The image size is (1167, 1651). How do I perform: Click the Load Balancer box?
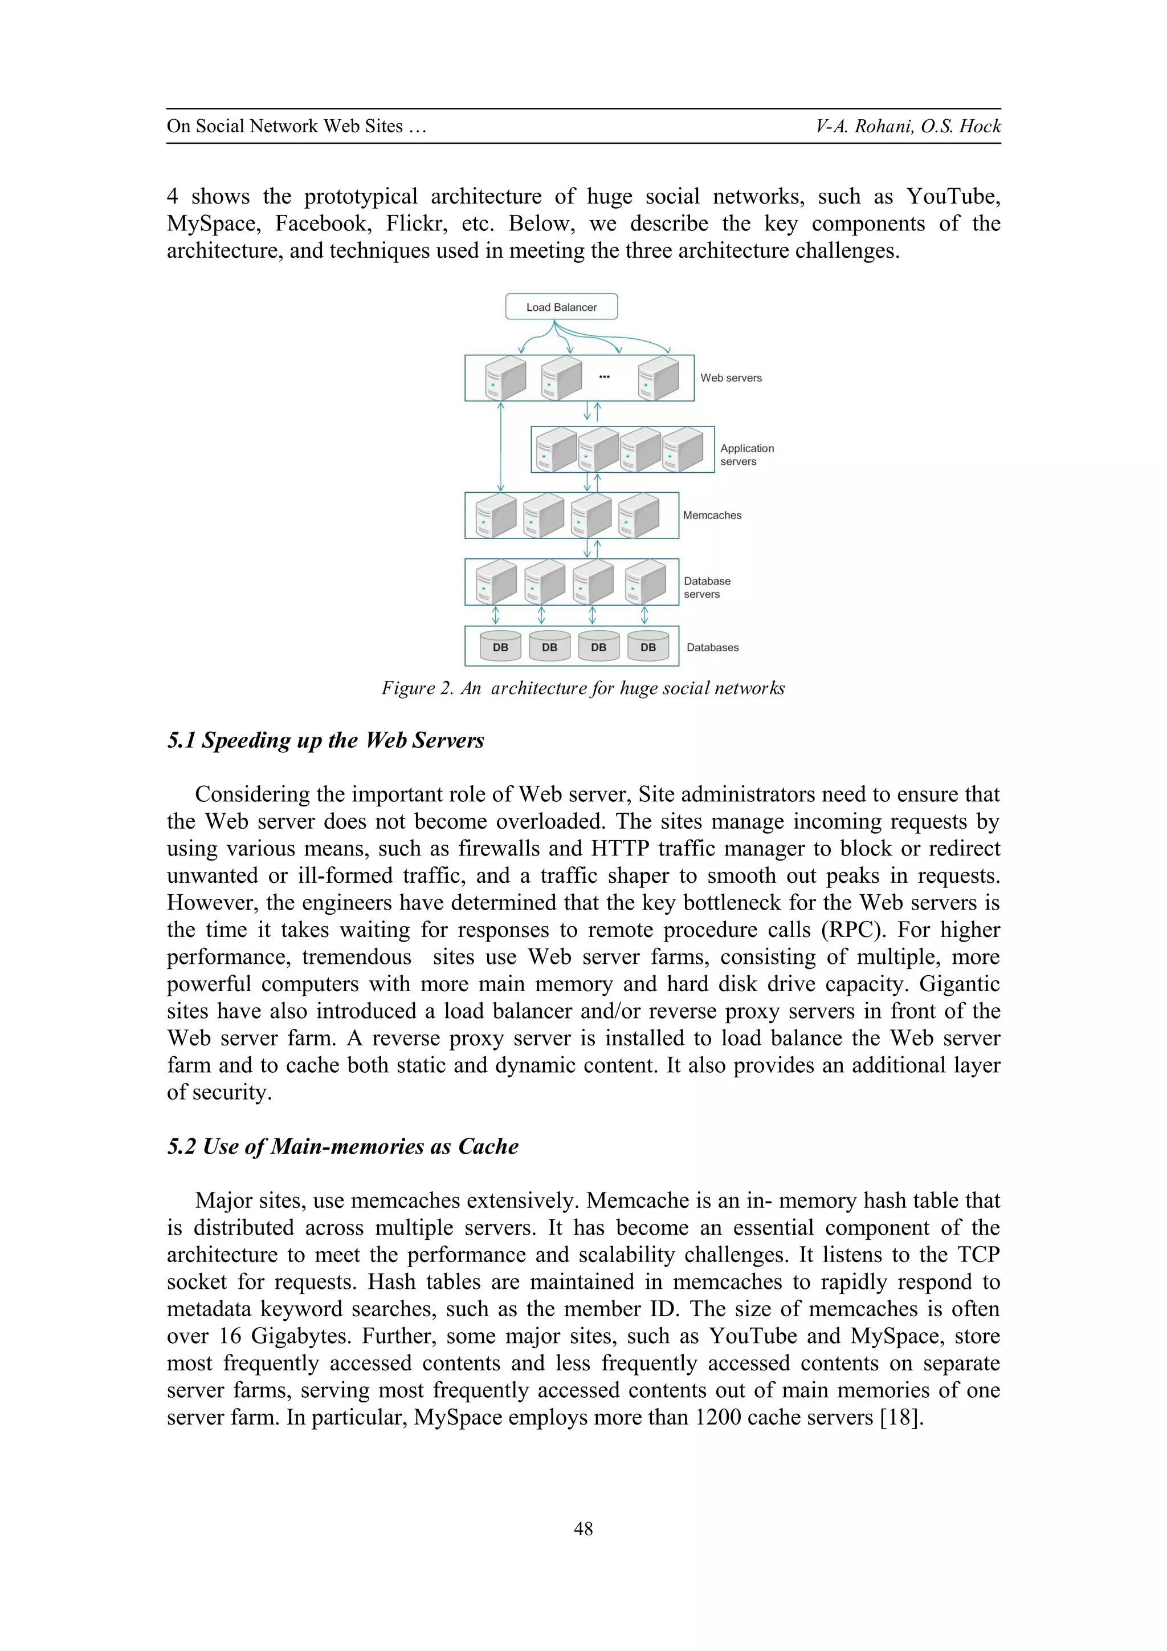pos(561,306)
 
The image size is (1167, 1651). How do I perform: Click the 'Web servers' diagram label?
pos(731,378)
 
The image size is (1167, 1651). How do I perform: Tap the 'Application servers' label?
pos(746,455)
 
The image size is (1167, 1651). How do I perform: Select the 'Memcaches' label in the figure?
pos(711,515)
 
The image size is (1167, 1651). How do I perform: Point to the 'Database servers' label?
pos(707,587)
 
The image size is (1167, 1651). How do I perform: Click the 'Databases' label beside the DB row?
pos(712,647)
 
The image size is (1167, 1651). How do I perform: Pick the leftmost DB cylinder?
pos(500,647)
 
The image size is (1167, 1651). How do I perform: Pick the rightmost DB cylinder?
pos(647,647)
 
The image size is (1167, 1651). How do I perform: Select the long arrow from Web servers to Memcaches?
pos(501,446)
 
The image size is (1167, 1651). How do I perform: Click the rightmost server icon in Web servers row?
pos(658,378)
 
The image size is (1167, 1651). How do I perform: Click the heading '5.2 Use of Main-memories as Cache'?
pos(343,1146)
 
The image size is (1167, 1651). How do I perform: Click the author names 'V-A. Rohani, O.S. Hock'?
pos(908,126)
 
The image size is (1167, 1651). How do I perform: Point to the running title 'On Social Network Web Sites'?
pos(296,126)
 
